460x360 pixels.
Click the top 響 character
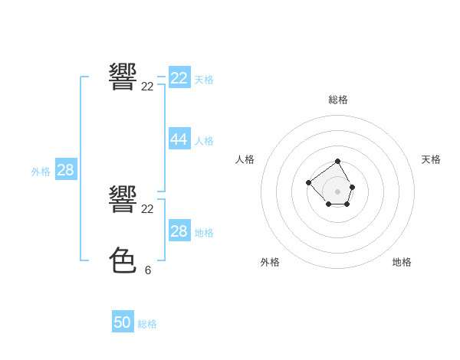click(123, 77)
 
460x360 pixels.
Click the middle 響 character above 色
click(123, 198)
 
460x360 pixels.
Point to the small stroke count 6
click(148, 270)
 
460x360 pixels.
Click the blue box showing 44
click(179, 139)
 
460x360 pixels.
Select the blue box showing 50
click(123, 322)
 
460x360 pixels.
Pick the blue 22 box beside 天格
click(179, 78)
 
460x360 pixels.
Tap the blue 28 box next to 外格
click(65, 170)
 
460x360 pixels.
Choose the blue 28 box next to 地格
click(179, 231)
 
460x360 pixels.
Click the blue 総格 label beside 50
click(147, 324)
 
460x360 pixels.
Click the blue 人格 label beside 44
click(204, 141)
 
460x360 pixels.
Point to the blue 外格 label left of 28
click(41, 172)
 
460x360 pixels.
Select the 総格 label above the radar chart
click(338, 100)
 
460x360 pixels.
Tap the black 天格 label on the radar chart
click(431, 159)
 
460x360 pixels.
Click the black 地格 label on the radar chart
click(402, 262)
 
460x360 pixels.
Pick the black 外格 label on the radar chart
click(270, 262)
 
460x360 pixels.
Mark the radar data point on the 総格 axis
click(338, 162)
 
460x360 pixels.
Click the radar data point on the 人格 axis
click(308, 182)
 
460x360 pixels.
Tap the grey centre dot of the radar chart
click(338, 191)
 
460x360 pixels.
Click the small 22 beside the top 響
click(148, 87)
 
